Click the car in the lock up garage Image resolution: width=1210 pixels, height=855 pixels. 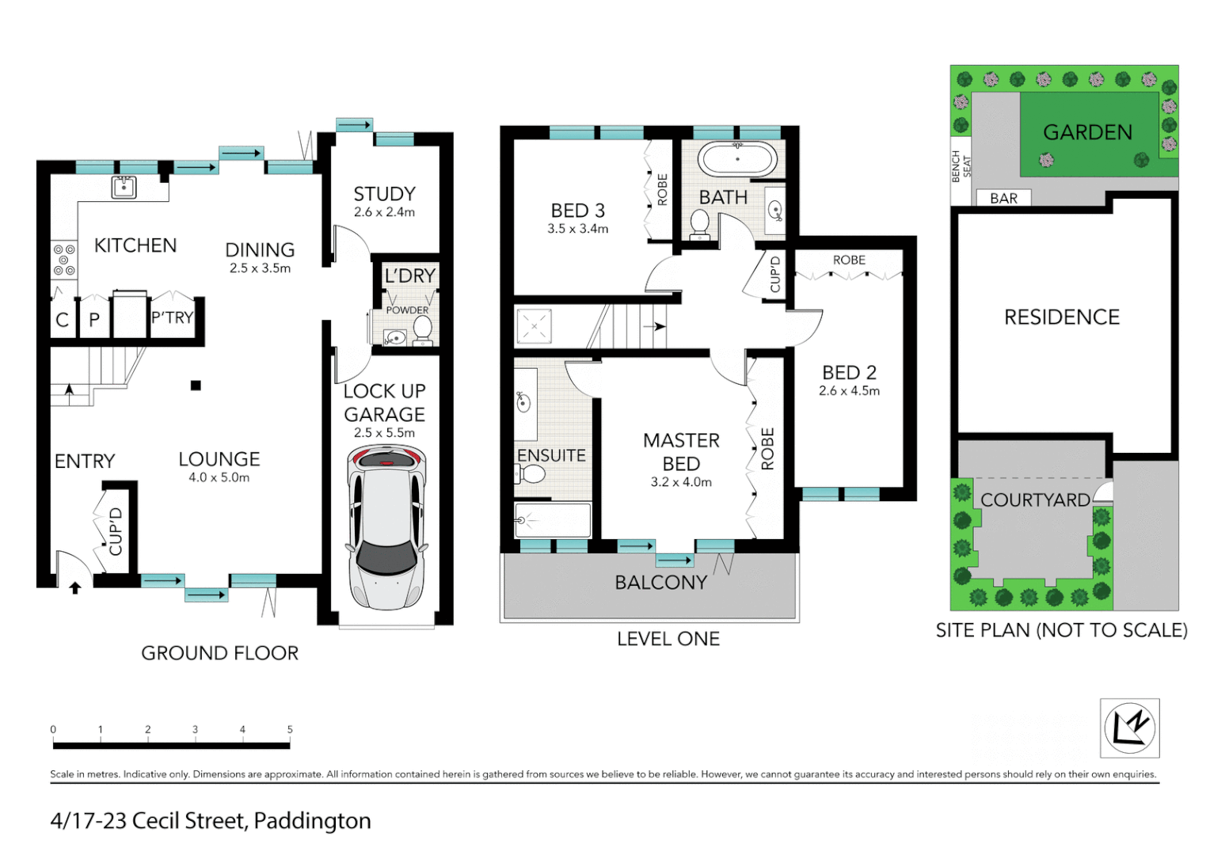click(387, 527)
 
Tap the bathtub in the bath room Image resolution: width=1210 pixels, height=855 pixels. click(736, 158)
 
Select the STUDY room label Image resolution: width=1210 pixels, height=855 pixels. click(384, 194)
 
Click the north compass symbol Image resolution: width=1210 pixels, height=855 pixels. click(1130, 728)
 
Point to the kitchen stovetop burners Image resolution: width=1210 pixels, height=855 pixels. click(64, 260)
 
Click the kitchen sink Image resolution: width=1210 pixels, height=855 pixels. click(124, 187)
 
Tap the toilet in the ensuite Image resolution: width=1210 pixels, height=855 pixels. click(530, 474)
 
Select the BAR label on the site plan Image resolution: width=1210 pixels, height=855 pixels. click(1003, 199)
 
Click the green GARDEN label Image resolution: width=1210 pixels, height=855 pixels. click(1087, 132)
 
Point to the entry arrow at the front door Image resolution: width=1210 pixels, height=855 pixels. click(75, 587)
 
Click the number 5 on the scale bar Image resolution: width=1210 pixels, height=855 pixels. click(290, 729)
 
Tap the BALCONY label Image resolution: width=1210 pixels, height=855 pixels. click(660, 583)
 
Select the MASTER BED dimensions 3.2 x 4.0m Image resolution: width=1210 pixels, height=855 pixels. click(681, 482)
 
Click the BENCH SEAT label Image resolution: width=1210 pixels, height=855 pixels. click(961, 166)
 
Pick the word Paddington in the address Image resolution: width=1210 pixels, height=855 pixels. click(312, 821)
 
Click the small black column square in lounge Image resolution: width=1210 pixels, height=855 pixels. click(196, 386)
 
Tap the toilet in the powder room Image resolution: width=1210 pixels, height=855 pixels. click(423, 330)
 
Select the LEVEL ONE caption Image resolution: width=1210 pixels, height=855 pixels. click(668, 639)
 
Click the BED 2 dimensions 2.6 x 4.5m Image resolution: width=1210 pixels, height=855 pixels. click(849, 390)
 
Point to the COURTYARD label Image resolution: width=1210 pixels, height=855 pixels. click(1035, 500)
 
